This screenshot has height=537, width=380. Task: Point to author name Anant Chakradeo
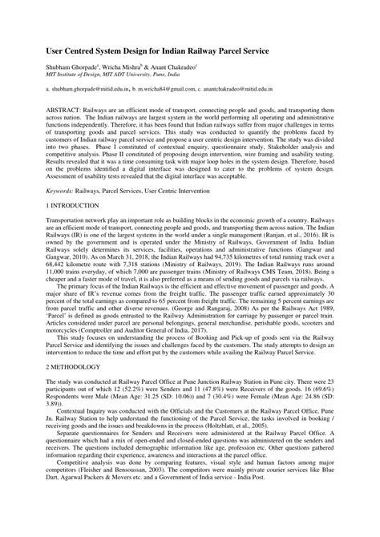182,67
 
